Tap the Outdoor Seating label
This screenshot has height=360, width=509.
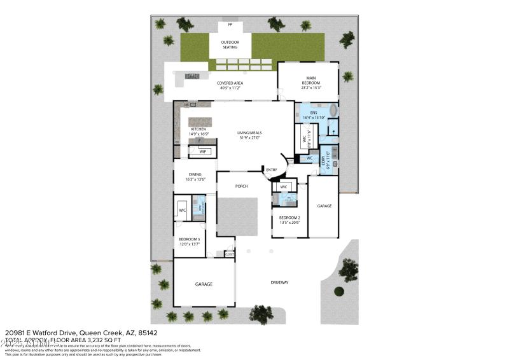pos(230,45)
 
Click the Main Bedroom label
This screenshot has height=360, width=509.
pos(309,81)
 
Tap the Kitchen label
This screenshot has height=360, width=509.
pos(199,129)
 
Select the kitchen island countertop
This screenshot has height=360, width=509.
pos(197,121)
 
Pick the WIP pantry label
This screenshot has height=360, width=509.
pos(202,152)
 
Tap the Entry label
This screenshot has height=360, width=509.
pos(272,169)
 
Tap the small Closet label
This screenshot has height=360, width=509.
pos(229,254)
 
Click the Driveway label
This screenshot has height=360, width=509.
pos(279,282)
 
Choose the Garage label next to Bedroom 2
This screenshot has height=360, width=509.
pos(324,205)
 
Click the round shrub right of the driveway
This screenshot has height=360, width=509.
pos(339,292)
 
